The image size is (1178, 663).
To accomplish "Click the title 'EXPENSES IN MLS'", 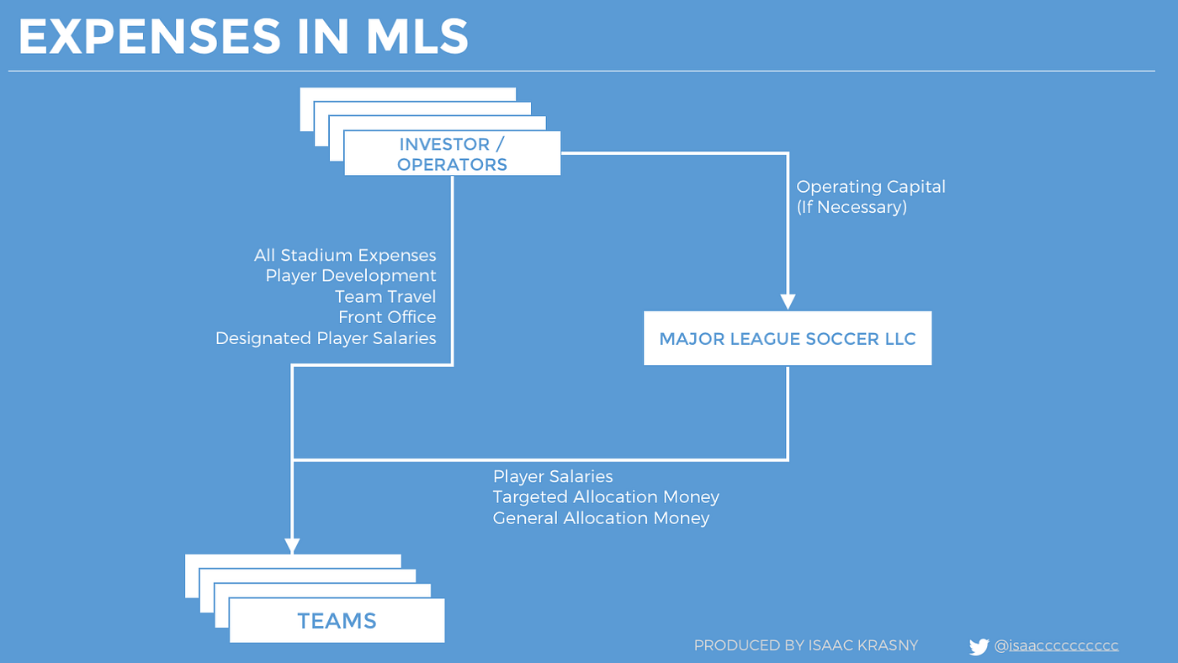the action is click(243, 35).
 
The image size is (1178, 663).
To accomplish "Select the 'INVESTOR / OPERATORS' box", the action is click(453, 153).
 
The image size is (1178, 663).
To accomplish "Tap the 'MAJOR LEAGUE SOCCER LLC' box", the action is click(788, 338).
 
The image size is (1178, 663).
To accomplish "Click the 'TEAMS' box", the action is click(337, 620).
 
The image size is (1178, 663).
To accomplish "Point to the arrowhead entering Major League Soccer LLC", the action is click(788, 302).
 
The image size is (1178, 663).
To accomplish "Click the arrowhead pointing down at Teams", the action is click(292, 546).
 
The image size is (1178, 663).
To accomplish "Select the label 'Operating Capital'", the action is click(871, 187).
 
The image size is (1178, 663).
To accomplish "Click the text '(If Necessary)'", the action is click(852, 207).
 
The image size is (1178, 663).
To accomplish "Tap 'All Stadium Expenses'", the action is click(345, 255).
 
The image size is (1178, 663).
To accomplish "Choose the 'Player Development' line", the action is click(351, 276).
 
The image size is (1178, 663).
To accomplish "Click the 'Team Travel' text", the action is click(385, 296).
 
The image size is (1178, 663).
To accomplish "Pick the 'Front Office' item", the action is click(387, 317).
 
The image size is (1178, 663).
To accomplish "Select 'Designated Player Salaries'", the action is click(326, 338).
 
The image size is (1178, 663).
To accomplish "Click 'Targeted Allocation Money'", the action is click(606, 497).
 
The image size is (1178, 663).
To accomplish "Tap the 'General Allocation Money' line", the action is click(601, 518).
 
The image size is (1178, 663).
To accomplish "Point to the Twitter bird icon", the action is click(979, 646).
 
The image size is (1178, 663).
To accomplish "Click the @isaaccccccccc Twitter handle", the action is click(1056, 645).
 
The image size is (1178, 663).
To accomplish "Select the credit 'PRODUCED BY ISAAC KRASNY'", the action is click(806, 645).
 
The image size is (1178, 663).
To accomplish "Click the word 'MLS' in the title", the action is click(417, 35).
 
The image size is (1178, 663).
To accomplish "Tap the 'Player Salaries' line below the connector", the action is click(553, 476).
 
